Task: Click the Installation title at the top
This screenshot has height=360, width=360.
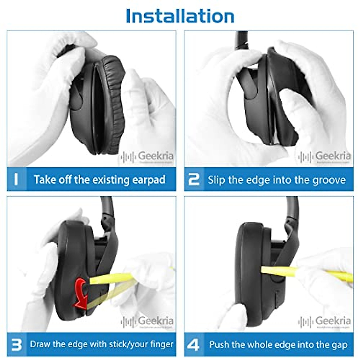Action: (x=180, y=16)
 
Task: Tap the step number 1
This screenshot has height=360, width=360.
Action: (x=16, y=179)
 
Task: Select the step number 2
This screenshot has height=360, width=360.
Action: (x=193, y=179)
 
